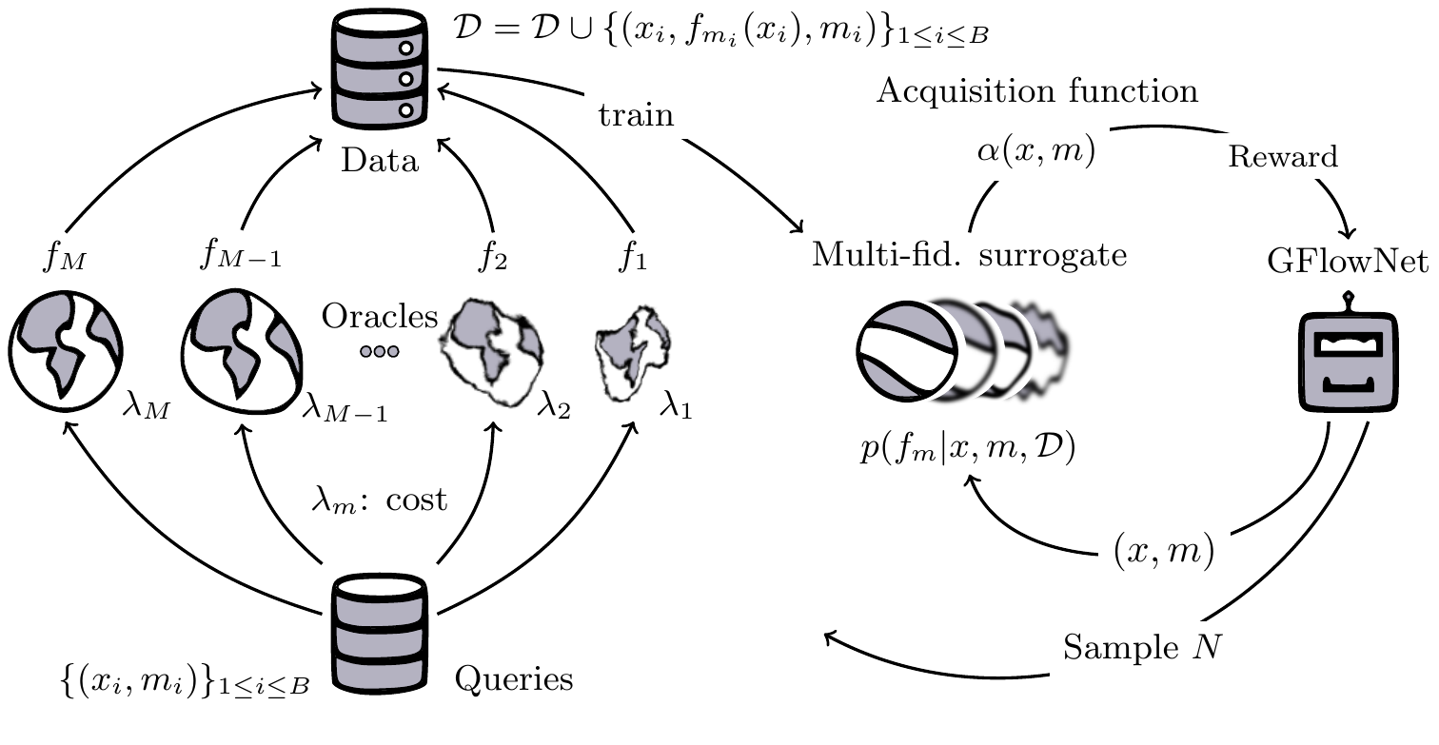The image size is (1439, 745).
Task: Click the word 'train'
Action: [x=636, y=116]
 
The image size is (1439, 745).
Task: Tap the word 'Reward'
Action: [x=1283, y=157]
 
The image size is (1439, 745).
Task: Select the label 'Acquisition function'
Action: [x=1037, y=91]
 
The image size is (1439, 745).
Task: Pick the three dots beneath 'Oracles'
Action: [x=379, y=351]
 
